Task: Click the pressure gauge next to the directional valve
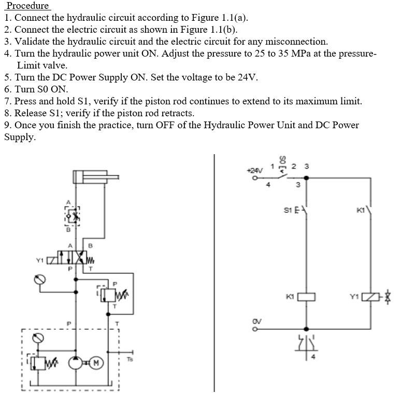pyautogui.click(x=40, y=279)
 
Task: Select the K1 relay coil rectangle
pyautogui.click(x=306, y=297)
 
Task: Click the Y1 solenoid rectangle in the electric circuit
pyautogui.click(x=370, y=297)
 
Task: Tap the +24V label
pyautogui.click(x=254, y=169)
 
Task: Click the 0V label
pyautogui.click(x=256, y=320)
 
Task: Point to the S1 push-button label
pyautogui.click(x=288, y=210)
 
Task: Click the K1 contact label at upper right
pyautogui.click(x=361, y=210)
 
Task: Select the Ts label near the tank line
pyautogui.click(x=130, y=359)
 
